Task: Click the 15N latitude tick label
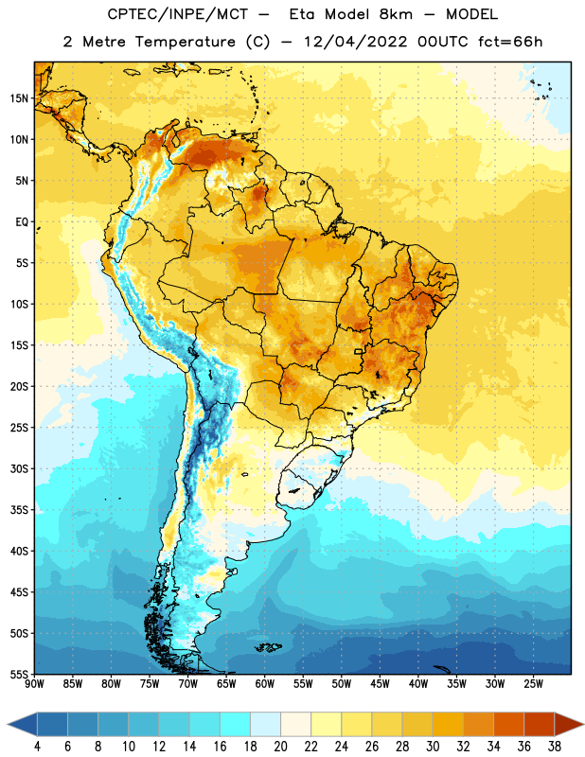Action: (19, 98)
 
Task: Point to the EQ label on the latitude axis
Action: (22, 222)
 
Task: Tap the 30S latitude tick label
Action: (19, 468)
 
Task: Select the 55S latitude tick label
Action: (19, 675)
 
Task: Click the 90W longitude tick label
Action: (35, 684)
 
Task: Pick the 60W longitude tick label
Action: (265, 684)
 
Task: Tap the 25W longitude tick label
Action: (533, 684)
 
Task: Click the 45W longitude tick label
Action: (381, 684)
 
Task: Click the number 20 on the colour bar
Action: (280, 747)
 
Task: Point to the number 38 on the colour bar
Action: (555, 747)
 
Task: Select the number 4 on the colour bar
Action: (37, 747)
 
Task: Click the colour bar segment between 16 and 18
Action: (236, 724)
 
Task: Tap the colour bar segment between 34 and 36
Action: (508, 724)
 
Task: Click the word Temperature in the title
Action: (185, 42)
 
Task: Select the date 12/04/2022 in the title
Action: (356, 42)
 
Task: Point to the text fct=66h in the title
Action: (510, 42)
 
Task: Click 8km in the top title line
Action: (396, 14)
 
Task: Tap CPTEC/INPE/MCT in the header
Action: (178, 14)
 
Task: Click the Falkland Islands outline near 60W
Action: (269, 647)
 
